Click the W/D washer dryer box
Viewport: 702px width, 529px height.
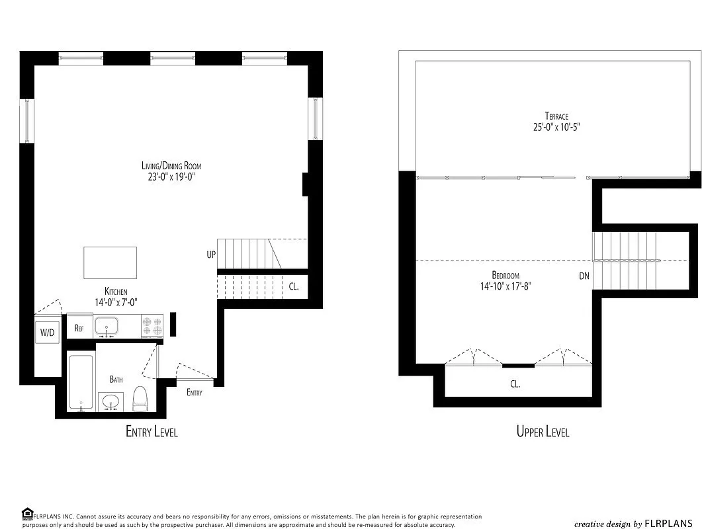point(48,333)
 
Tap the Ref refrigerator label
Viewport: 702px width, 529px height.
point(79,328)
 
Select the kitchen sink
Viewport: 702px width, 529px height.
point(106,325)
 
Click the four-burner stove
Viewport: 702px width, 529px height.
point(152,327)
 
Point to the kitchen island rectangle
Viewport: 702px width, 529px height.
point(110,263)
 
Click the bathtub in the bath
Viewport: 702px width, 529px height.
point(81,383)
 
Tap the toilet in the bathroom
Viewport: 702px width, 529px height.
point(140,397)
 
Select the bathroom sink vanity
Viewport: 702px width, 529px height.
point(111,401)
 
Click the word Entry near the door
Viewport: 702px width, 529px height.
point(195,393)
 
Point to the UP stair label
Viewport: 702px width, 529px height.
point(210,254)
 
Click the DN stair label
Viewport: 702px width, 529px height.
point(584,276)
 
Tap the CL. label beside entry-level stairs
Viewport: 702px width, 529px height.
point(294,287)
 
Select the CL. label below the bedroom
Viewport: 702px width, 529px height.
point(515,384)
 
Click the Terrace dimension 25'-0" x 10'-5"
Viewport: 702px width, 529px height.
point(556,128)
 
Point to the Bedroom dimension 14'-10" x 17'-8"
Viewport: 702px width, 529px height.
point(505,287)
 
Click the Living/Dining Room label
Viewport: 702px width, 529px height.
point(171,166)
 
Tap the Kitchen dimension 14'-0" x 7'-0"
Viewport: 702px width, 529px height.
point(120,302)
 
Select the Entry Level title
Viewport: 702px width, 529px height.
point(152,432)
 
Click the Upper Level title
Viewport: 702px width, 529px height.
point(543,432)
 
